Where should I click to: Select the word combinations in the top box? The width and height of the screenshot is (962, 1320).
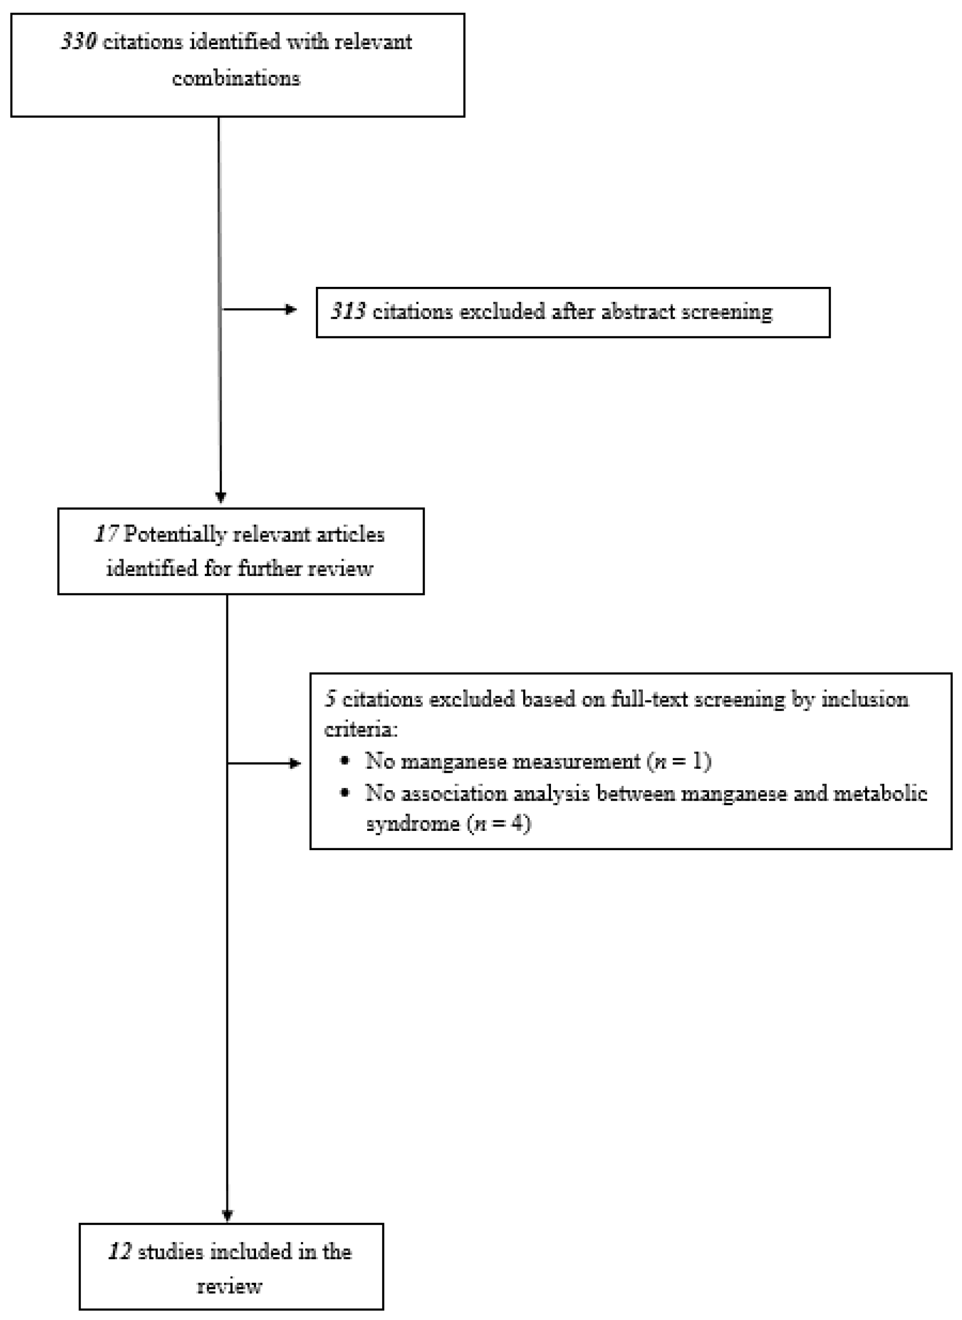[x=236, y=78]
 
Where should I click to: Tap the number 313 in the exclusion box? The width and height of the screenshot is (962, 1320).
[x=348, y=312]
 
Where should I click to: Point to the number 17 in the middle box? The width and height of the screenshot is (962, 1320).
[x=107, y=534]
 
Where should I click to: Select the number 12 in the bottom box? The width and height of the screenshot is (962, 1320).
[x=119, y=1252]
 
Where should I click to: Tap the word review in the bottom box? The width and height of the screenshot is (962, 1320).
[x=230, y=1286]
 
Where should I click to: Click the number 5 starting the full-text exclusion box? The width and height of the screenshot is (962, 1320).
[x=330, y=699]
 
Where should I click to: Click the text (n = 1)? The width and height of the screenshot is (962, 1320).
[x=679, y=761]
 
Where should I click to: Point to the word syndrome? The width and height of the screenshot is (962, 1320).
[x=413, y=824]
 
